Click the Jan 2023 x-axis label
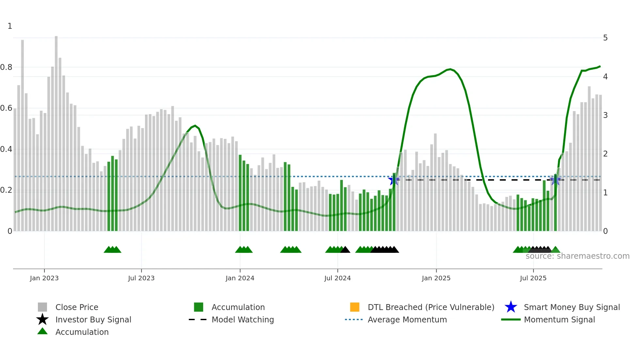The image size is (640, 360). (44, 278)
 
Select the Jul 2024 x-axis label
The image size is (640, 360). (337, 278)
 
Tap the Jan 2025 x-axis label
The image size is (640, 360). (436, 278)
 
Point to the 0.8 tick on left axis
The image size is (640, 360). (6, 67)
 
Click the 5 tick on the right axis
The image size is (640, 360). (605, 38)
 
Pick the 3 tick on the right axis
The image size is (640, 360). (605, 115)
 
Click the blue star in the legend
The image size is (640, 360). (511, 307)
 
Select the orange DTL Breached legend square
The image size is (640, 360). (355, 307)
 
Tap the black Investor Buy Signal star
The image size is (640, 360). (42, 319)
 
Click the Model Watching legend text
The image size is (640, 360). (243, 319)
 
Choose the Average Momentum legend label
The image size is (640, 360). (407, 319)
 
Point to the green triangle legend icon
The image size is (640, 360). (42, 331)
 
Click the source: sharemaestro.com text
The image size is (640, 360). (577, 256)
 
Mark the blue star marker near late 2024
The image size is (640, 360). (393, 180)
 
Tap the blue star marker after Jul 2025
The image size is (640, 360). (555, 180)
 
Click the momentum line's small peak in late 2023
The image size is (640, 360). (195, 125)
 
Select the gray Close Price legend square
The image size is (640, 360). (42, 307)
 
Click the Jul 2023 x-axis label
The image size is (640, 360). (141, 278)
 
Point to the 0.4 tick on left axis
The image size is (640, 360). (6, 149)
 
